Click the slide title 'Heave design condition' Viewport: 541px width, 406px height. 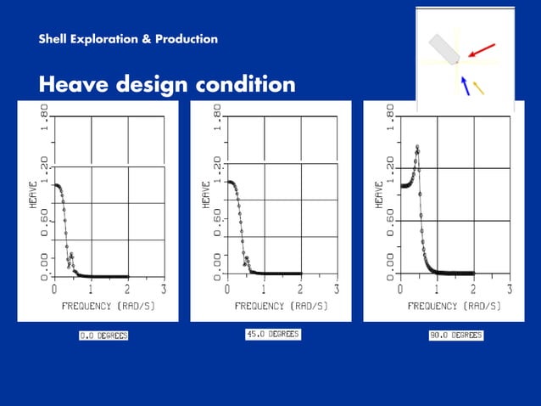(x=167, y=85)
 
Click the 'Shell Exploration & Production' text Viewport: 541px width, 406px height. (x=128, y=39)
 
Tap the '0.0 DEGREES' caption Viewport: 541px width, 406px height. (x=103, y=336)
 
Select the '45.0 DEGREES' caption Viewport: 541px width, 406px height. (x=271, y=335)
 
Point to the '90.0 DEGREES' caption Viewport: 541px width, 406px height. (x=455, y=336)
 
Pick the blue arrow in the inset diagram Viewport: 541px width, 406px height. (x=465, y=85)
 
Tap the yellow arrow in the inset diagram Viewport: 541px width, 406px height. (x=478, y=87)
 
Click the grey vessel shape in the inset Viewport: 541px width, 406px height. (x=443, y=48)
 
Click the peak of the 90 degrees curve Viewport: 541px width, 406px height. (x=417, y=148)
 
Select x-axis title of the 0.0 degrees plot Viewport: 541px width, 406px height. (x=108, y=305)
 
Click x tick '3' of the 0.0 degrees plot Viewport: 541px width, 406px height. (x=165, y=289)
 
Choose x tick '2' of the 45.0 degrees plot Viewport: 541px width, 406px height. (x=300, y=289)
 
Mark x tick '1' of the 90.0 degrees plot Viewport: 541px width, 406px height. (x=437, y=289)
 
